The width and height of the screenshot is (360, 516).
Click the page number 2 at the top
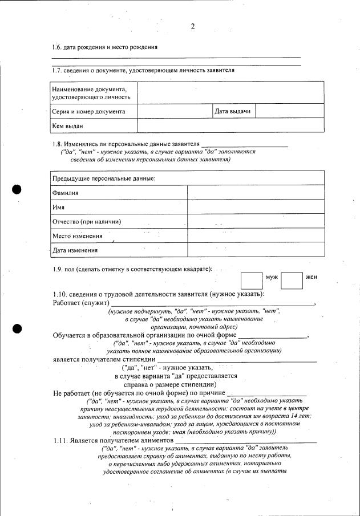pyautogui.click(x=192, y=26)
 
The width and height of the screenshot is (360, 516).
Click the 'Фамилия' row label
pyautogui.click(x=66, y=193)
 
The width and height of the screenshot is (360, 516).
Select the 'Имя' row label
pyautogui.click(x=58, y=208)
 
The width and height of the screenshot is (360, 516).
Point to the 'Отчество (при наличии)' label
pyautogui.click(x=87, y=222)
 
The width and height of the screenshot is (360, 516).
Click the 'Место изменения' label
pyautogui.click(x=78, y=236)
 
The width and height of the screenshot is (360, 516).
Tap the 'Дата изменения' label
pyautogui.click(x=75, y=250)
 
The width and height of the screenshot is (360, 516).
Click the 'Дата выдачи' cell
pyautogui.click(x=233, y=111)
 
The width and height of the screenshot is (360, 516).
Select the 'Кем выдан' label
pyautogui.click(x=68, y=126)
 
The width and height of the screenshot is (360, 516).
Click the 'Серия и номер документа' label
pyautogui.click(x=88, y=112)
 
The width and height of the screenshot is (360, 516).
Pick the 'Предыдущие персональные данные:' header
pyautogui.click(x=103, y=179)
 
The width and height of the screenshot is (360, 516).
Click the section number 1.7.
pyautogui.click(x=56, y=70)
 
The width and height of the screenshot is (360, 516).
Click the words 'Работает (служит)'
pyautogui.click(x=81, y=303)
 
